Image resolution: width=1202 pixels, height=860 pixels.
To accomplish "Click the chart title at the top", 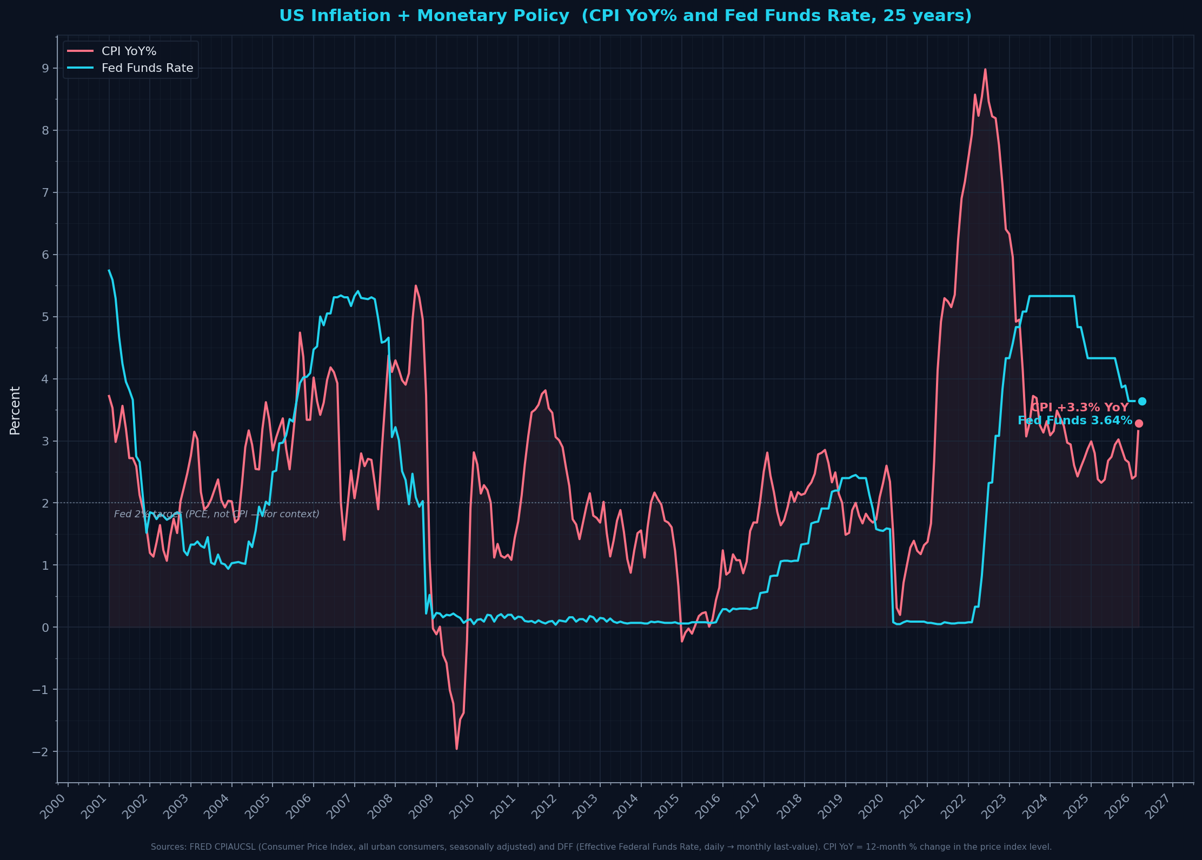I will [x=625, y=16].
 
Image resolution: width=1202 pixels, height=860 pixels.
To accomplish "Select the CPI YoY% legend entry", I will [x=129, y=51].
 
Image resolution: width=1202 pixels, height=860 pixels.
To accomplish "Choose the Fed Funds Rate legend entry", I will [x=147, y=68].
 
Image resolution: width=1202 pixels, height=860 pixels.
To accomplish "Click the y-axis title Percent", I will [x=15, y=410].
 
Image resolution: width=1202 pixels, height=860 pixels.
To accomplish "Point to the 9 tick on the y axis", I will [x=45, y=68].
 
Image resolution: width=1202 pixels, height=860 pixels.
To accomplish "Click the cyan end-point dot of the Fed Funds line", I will [x=1142, y=401].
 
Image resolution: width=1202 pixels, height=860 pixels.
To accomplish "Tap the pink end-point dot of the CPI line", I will [x=1139, y=423].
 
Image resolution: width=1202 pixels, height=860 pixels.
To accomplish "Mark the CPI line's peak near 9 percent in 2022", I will [x=985, y=70].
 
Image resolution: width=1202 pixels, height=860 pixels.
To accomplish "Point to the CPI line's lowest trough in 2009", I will [x=456, y=748].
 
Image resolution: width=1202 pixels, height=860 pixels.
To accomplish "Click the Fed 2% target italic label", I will [x=216, y=514].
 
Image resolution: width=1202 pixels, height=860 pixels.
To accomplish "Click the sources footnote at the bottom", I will [x=601, y=846].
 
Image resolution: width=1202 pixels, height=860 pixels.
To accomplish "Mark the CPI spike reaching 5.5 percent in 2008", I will [x=415, y=286].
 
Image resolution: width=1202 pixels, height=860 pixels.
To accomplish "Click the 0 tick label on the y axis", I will [x=45, y=628].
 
